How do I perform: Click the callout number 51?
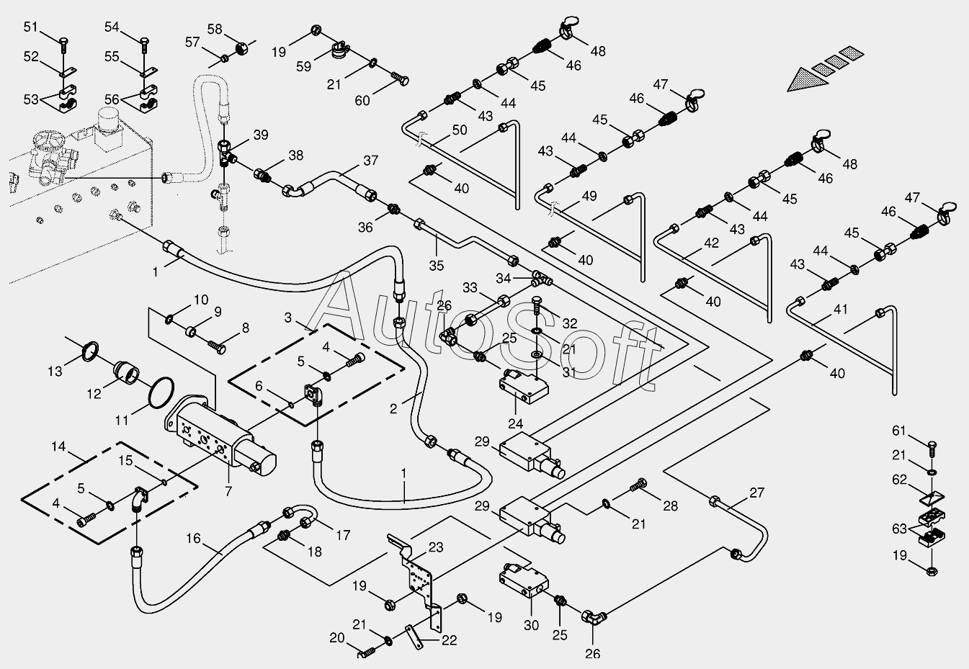pos(30,27)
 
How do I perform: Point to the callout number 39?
pos(261,135)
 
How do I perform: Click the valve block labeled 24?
pos(524,387)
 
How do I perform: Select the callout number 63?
pos(899,529)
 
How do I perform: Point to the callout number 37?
pos(371,161)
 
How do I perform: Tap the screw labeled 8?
pos(217,347)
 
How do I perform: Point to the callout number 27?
pos(757,493)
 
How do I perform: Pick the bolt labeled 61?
pos(932,449)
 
